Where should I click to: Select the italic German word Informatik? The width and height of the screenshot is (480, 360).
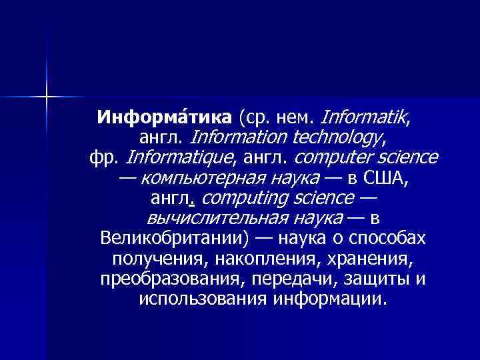(365, 119)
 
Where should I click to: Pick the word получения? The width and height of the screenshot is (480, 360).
(149, 259)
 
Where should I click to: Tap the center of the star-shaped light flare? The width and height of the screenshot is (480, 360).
(47, 97)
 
